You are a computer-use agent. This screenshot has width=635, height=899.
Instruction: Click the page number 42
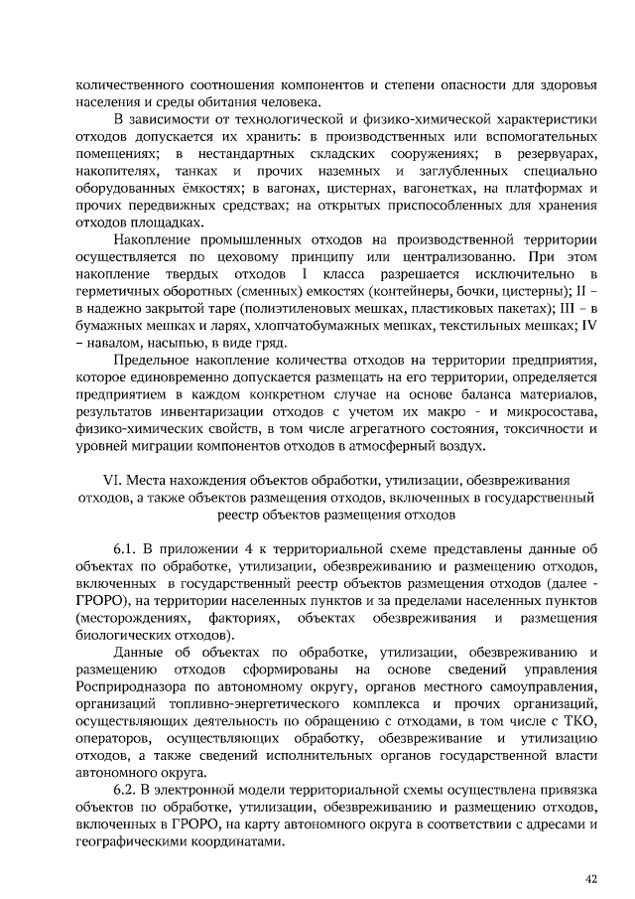[x=592, y=878]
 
